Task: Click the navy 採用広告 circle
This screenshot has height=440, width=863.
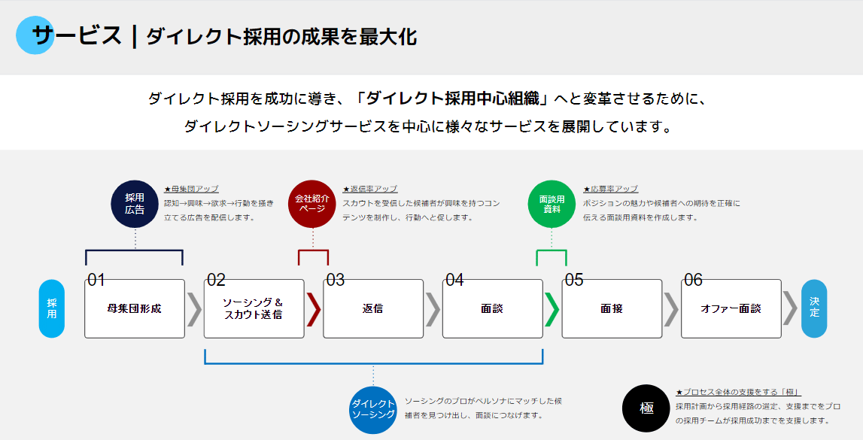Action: [x=135, y=204]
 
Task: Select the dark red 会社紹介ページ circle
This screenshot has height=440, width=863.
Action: [x=312, y=204]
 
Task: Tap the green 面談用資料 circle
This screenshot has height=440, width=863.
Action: [x=552, y=204]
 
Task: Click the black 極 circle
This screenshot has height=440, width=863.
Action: [x=646, y=408]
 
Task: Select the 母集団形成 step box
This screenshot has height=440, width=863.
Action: [x=134, y=308]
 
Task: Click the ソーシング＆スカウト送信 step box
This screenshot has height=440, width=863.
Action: [x=254, y=308]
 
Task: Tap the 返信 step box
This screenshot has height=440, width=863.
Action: [x=373, y=308]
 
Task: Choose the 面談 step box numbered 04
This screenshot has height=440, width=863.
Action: [x=493, y=308]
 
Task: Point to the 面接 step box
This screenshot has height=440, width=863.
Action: [x=612, y=308]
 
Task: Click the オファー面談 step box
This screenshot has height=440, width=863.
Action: [x=731, y=308]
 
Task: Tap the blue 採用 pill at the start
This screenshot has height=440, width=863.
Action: [x=52, y=308]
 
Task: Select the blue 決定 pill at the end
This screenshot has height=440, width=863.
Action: [x=814, y=308]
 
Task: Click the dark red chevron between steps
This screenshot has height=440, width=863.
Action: [x=315, y=309]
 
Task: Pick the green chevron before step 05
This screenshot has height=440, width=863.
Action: [x=552, y=309]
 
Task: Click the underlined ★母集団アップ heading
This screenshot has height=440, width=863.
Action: [x=191, y=189]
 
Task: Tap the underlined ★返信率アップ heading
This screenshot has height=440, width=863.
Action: [x=370, y=189]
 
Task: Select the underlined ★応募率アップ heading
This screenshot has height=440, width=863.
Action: [x=610, y=189]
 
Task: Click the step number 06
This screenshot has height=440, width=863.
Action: [x=693, y=280]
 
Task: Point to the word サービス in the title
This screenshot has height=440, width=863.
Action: [x=77, y=35]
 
